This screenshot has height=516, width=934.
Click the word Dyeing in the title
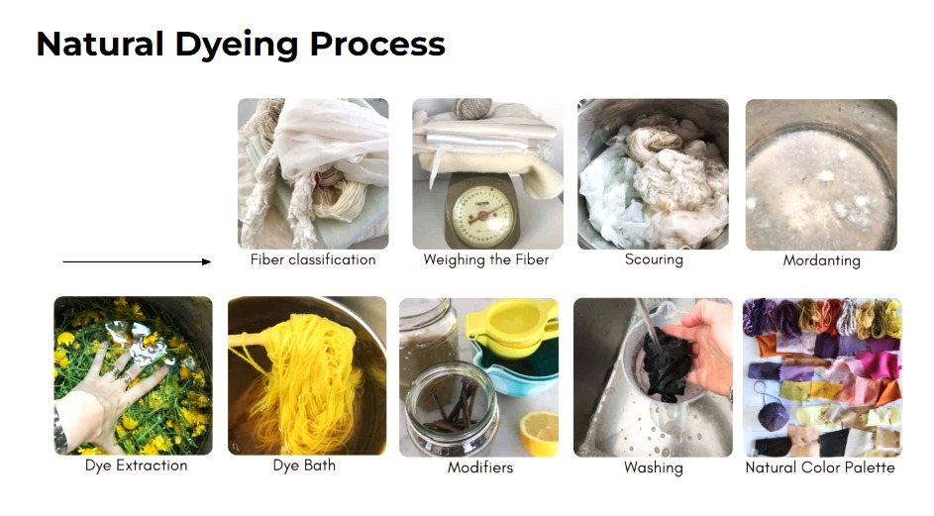point(237,46)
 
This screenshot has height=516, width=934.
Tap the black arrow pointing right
point(137,261)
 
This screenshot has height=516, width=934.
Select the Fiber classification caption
point(313,259)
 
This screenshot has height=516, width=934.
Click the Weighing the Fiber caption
point(486,259)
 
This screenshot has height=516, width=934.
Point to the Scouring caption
point(654,259)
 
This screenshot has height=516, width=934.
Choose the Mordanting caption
point(821,260)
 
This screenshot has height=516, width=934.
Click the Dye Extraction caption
point(137,465)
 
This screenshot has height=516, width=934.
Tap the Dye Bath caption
point(304,465)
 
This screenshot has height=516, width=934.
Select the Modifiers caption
point(480,467)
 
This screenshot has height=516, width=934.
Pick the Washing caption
point(654,467)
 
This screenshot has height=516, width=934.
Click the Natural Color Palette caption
point(820,467)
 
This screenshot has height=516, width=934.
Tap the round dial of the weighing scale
point(482,216)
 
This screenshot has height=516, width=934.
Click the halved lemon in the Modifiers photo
point(539,433)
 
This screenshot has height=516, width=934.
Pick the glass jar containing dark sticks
point(451,408)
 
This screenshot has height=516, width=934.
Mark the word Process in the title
point(377,45)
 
